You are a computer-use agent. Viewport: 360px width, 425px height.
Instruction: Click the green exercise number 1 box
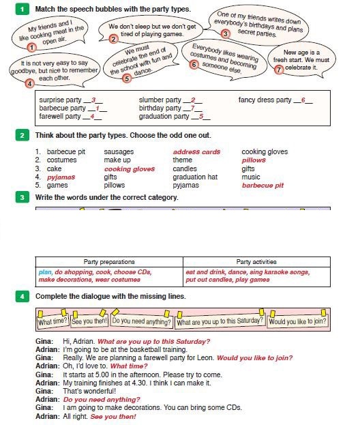coord(22,10)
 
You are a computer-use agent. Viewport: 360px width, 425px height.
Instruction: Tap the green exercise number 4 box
coord(22,296)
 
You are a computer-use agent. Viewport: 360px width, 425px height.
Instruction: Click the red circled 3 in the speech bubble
coord(225,34)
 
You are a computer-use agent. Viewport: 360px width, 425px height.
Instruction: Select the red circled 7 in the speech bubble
coord(279,70)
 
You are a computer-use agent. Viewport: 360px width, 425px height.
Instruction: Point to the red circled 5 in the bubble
coord(127,78)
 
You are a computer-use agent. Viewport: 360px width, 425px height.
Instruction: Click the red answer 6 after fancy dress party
coord(303,100)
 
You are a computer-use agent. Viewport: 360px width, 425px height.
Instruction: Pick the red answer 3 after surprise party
coord(93,100)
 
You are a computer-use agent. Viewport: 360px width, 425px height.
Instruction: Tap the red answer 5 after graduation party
coord(201,117)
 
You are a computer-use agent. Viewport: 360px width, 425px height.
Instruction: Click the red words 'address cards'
coord(196,152)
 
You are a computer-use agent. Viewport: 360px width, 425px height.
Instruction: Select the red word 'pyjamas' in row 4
coord(61,177)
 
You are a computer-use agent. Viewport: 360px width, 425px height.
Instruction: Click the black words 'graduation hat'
coord(195,177)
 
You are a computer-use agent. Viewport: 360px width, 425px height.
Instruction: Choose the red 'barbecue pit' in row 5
coord(262,186)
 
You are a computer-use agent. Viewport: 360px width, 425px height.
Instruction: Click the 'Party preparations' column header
coord(109,262)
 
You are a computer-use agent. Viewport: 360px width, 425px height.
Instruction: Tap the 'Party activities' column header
coord(256,262)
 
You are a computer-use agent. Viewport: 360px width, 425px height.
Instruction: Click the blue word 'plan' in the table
coord(45,272)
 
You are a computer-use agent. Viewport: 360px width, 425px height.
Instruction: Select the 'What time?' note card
coord(52,321)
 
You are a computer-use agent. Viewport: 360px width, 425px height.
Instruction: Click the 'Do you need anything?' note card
coord(141,321)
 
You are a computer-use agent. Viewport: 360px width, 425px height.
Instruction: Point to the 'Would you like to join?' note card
coord(297,321)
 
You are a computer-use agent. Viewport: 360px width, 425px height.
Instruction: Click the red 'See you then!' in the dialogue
coord(113,417)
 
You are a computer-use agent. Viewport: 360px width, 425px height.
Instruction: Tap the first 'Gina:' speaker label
coord(44,342)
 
